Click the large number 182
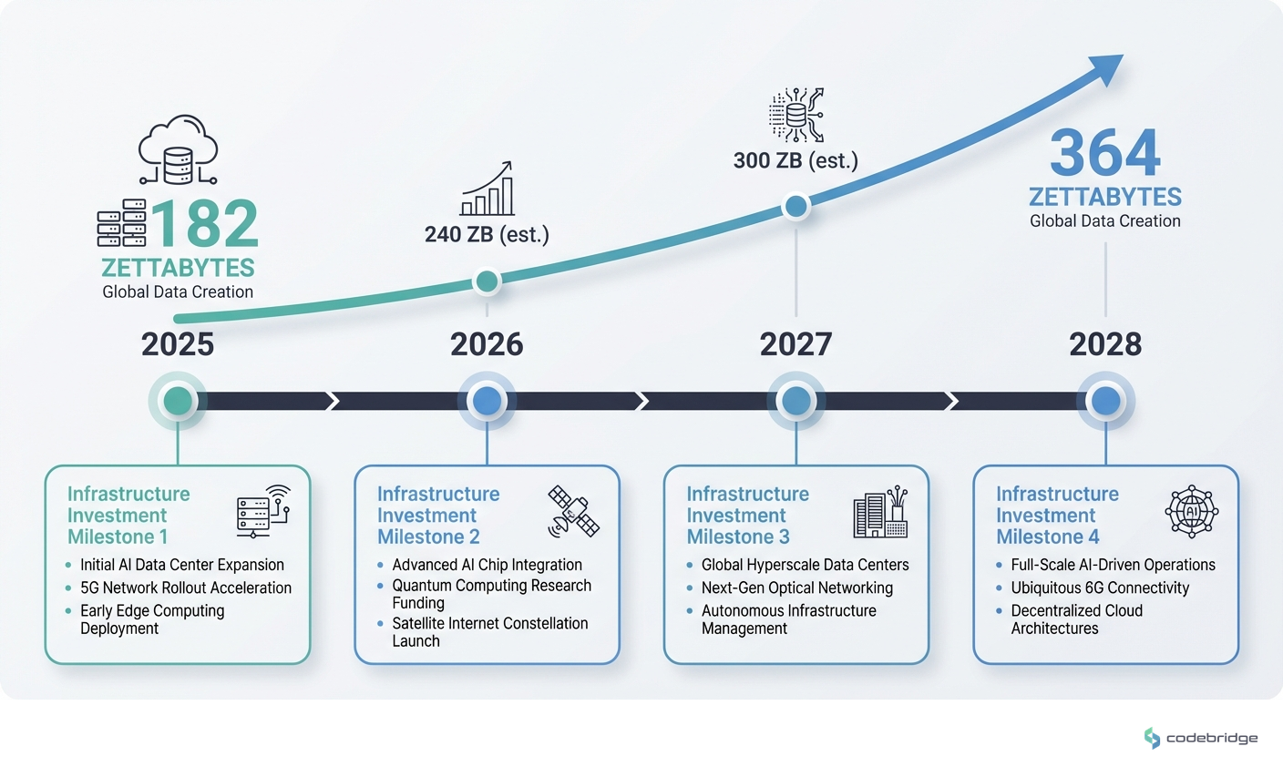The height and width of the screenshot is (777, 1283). [x=205, y=224]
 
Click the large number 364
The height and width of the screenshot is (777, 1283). [x=1104, y=153]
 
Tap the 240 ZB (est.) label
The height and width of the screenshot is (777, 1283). [x=487, y=235]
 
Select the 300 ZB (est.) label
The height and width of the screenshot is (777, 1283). [x=795, y=161]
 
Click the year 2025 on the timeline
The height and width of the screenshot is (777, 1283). [x=178, y=344]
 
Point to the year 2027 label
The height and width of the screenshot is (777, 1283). [x=795, y=344]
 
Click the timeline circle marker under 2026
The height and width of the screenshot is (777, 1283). [x=487, y=401]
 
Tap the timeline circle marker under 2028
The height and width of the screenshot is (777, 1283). [x=1105, y=401]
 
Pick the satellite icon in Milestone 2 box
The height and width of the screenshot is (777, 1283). [x=573, y=511]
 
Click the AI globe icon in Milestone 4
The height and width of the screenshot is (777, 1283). [x=1191, y=512]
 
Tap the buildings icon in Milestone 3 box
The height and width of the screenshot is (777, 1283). [x=880, y=512]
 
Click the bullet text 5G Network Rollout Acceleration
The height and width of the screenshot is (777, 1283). [x=186, y=588]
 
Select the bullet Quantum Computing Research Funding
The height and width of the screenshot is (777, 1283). [x=491, y=594]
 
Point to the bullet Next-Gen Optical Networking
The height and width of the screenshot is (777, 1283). [x=796, y=588]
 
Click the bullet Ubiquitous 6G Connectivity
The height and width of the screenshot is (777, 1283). [x=1100, y=588]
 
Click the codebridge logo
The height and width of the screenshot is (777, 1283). [x=1200, y=738]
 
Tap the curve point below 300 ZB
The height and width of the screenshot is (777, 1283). [x=795, y=207]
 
